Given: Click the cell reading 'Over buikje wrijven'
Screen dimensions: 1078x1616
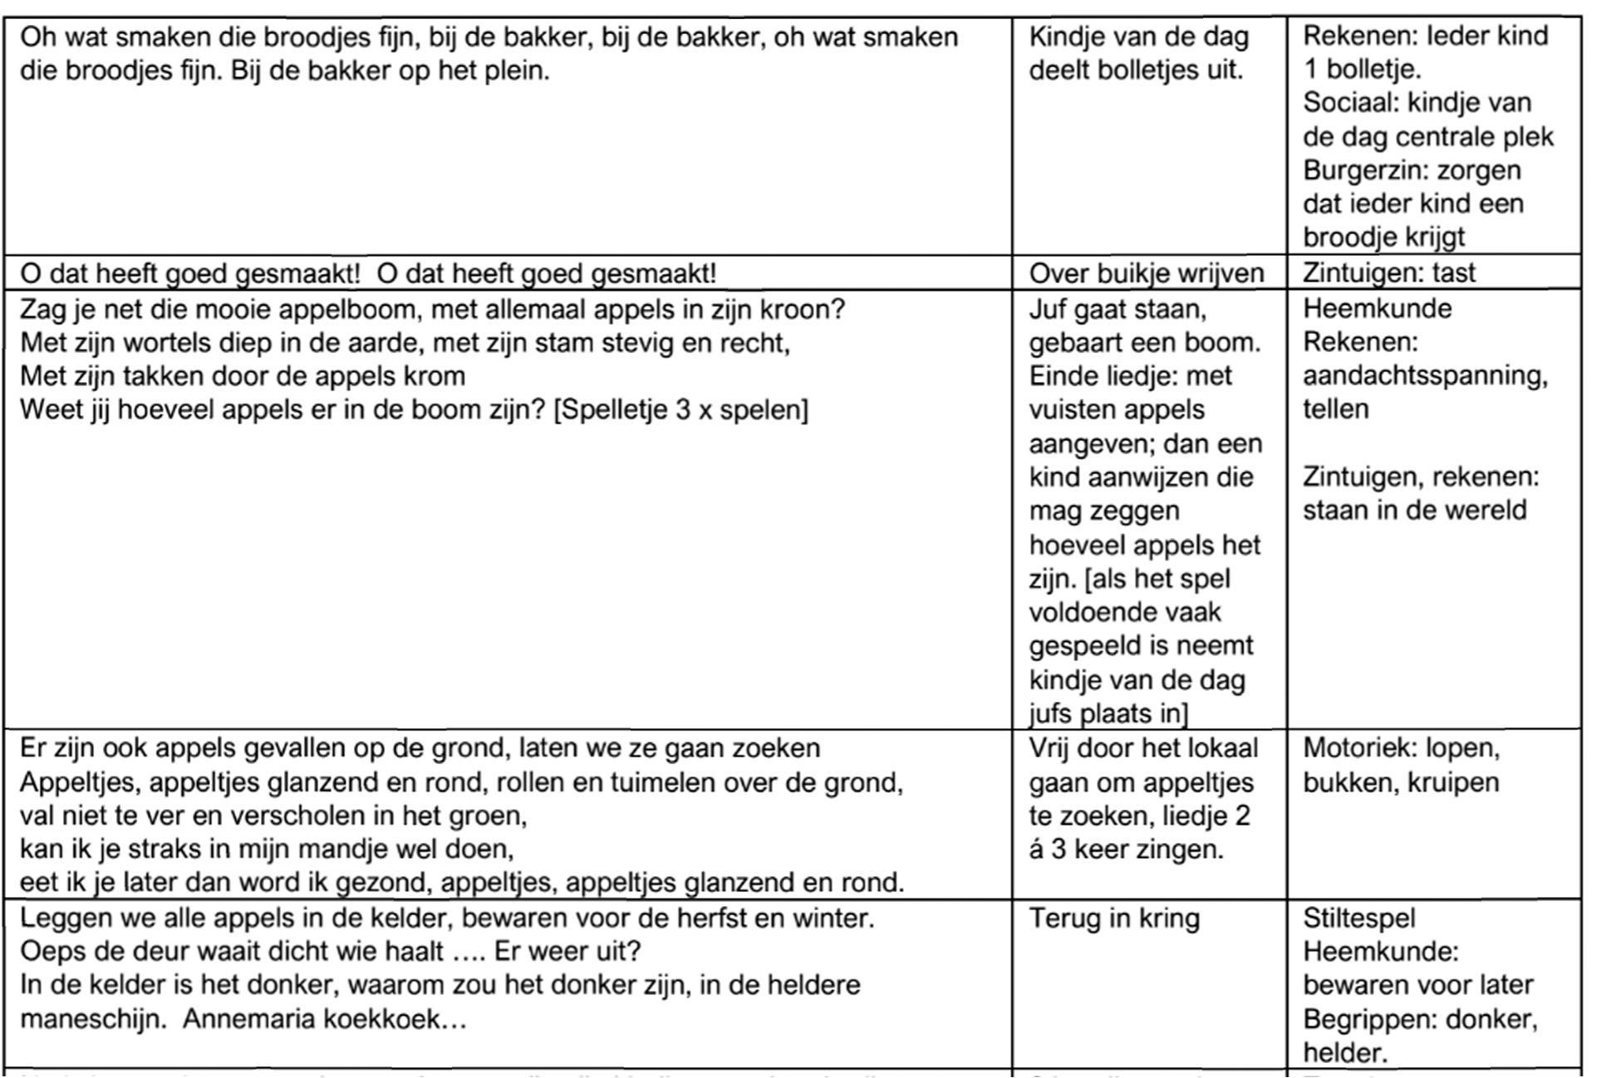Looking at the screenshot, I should [1146, 273].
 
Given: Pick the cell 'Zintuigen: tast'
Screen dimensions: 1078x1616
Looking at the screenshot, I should [1389, 272].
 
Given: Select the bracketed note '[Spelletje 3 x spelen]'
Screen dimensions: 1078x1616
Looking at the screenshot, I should [680, 410].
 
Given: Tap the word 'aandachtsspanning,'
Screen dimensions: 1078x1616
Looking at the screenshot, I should [1425, 375].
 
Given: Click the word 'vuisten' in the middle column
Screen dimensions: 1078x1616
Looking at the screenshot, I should [1077, 409].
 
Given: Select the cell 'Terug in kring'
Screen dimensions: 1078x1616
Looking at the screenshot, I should [1114, 919].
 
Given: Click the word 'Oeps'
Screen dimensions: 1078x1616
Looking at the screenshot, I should [52, 952].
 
